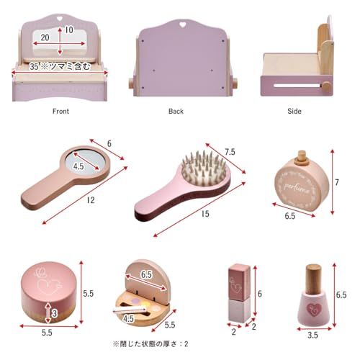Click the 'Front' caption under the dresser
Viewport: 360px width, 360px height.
click(x=60, y=112)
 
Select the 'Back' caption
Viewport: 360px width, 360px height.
click(x=176, y=112)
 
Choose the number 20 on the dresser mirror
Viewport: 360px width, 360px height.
click(x=45, y=37)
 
